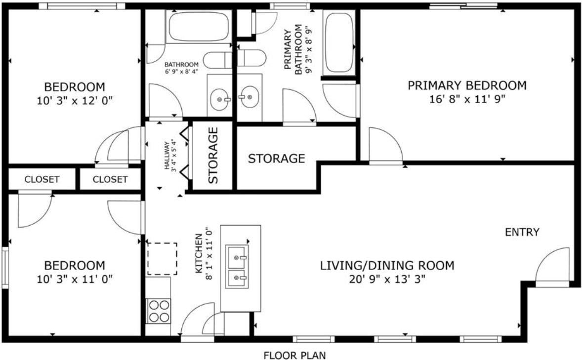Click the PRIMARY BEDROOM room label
[467, 85]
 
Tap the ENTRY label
[522, 232]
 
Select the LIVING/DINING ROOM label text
[387, 266]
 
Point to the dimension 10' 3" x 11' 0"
[75, 279]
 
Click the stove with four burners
[158, 311]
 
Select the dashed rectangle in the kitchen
[162, 258]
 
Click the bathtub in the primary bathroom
[338, 43]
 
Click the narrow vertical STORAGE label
[213, 156]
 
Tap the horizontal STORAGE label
[276, 159]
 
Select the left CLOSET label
[42, 179]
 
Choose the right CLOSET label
[110, 179]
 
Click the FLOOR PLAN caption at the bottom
[294, 355]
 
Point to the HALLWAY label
[171, 156]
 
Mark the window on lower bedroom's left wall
[5, 268]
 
